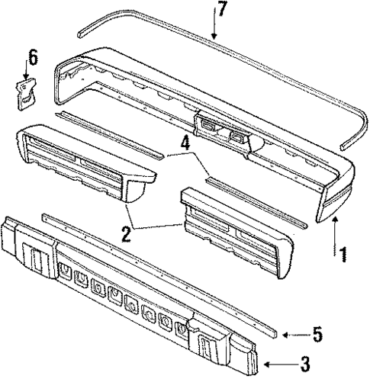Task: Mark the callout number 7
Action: (220, 10)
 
